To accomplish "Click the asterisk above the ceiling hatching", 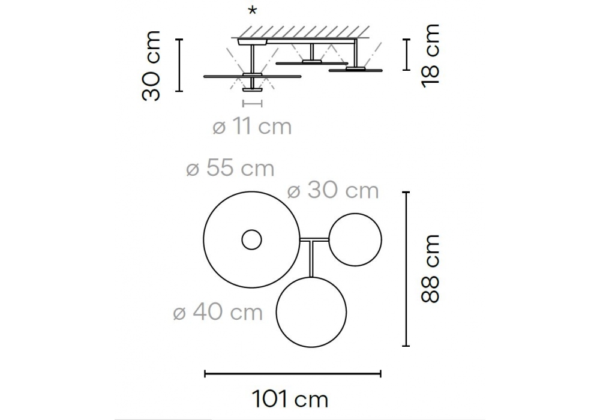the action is coord(253,11).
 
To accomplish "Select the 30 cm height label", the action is coord(151,66).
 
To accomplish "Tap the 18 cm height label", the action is coord(430,56).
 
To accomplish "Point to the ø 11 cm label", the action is coord(252,127).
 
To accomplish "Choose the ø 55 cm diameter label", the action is coord(230,168).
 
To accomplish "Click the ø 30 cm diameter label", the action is coord(333,190).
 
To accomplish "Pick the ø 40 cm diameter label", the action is coord(218,312).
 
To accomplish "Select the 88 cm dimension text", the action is coord(430,269).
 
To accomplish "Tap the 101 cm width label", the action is coord(290,400).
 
